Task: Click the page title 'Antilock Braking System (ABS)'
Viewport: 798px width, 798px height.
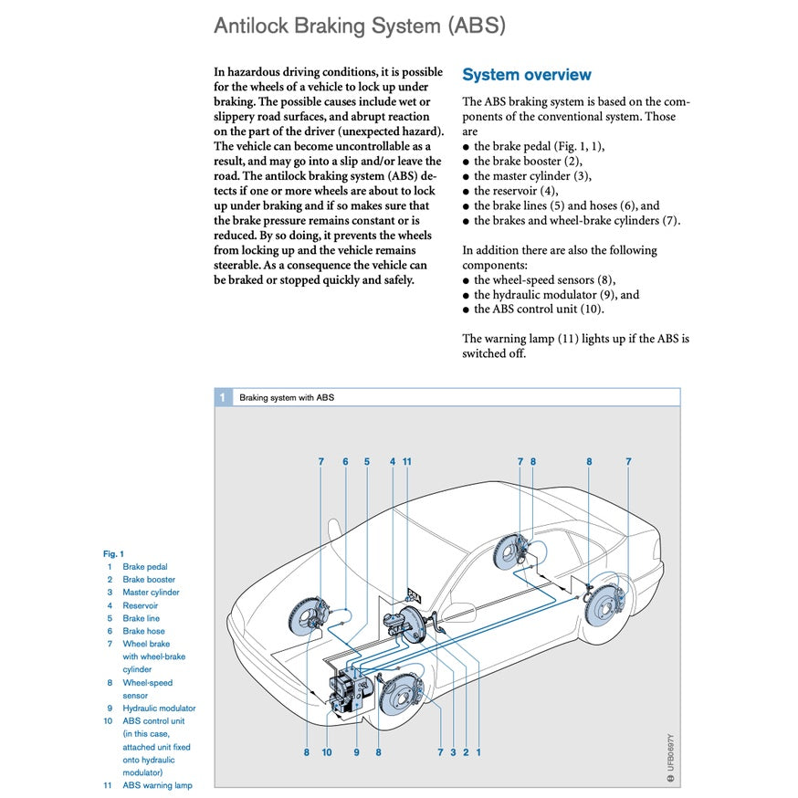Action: (x=359, y=25)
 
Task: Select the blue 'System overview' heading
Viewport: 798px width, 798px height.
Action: (x=526, y=75)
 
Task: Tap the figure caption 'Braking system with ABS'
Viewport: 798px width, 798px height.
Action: (x=287, y=398)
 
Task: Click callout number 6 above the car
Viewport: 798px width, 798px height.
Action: (x=345, y=462)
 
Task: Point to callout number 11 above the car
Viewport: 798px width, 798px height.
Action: (x=407, y=462)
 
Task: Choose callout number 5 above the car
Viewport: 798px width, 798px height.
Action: (x=367, y=462)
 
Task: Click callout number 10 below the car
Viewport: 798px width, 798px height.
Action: (x=327, y=752)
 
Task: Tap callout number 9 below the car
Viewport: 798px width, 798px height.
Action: (x=356, y=752)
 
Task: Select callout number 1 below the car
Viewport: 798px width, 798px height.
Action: (x=478, y=752)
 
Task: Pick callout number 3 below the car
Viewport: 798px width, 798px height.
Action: (x=453, y=752)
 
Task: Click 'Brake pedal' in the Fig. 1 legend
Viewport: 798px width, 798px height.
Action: (x=144, y=567)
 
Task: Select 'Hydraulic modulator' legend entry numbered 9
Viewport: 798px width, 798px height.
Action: (x=159, y=708)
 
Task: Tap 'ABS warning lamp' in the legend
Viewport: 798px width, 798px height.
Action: (x=157, y=785)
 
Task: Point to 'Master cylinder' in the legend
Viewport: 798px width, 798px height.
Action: (x=151, y=593)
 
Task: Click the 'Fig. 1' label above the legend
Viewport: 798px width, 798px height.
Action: (x=113, y=553)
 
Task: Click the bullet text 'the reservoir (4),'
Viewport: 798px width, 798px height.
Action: (x=515, y=191)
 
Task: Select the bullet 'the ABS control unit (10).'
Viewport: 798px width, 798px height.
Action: (x=539, y=309)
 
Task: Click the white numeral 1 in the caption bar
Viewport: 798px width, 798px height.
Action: (x=223, y=398)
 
